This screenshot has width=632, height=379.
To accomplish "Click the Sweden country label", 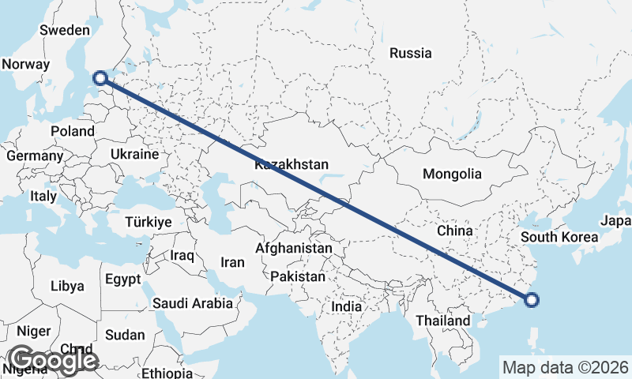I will tap(65, 30).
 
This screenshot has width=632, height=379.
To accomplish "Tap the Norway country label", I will tap(26, 65).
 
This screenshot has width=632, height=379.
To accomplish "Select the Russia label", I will tap(411, 54).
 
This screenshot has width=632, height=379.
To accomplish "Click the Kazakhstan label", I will tap(291, 165).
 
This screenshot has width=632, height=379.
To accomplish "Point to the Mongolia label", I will tap(452, 174).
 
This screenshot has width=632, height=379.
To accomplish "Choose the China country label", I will tap(454, 231).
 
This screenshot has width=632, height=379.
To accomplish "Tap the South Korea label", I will tap(556, 237).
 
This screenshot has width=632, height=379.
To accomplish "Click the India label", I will tap(347, 306).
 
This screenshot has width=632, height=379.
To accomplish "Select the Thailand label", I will tap(443, 321).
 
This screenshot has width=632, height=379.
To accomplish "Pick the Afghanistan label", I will tap(294, 248).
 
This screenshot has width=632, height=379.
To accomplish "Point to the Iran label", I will tap(232, 262).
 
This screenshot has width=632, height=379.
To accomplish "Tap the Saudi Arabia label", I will tap(193, 302).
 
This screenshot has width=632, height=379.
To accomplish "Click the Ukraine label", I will tap(135, 154).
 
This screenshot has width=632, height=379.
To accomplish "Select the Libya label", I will tap(67, 286).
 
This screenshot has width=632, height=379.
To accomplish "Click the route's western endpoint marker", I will tap(100, 77).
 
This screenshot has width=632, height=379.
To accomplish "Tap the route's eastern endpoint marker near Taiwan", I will tap(532, 299).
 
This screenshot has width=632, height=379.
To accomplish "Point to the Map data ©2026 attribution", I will tap(566, 367).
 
